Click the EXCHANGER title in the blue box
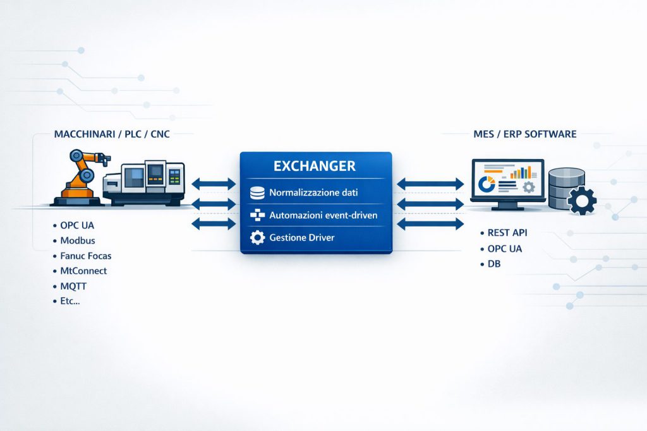tap(315, 167)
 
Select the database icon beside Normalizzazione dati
tap(257, 192)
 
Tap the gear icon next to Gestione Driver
tap(257, 237)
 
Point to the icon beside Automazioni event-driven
tap(257, 215)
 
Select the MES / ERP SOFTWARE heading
tap(524, 134)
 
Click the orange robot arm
tap(80, 174)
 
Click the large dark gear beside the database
tap(581, 201)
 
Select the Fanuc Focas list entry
tap(86, 256)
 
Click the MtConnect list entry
tap(83, 271)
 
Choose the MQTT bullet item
tap(74, 286)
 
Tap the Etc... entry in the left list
tap(70, 301)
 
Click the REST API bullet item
tap(508, 233)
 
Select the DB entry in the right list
tap(494, 264)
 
